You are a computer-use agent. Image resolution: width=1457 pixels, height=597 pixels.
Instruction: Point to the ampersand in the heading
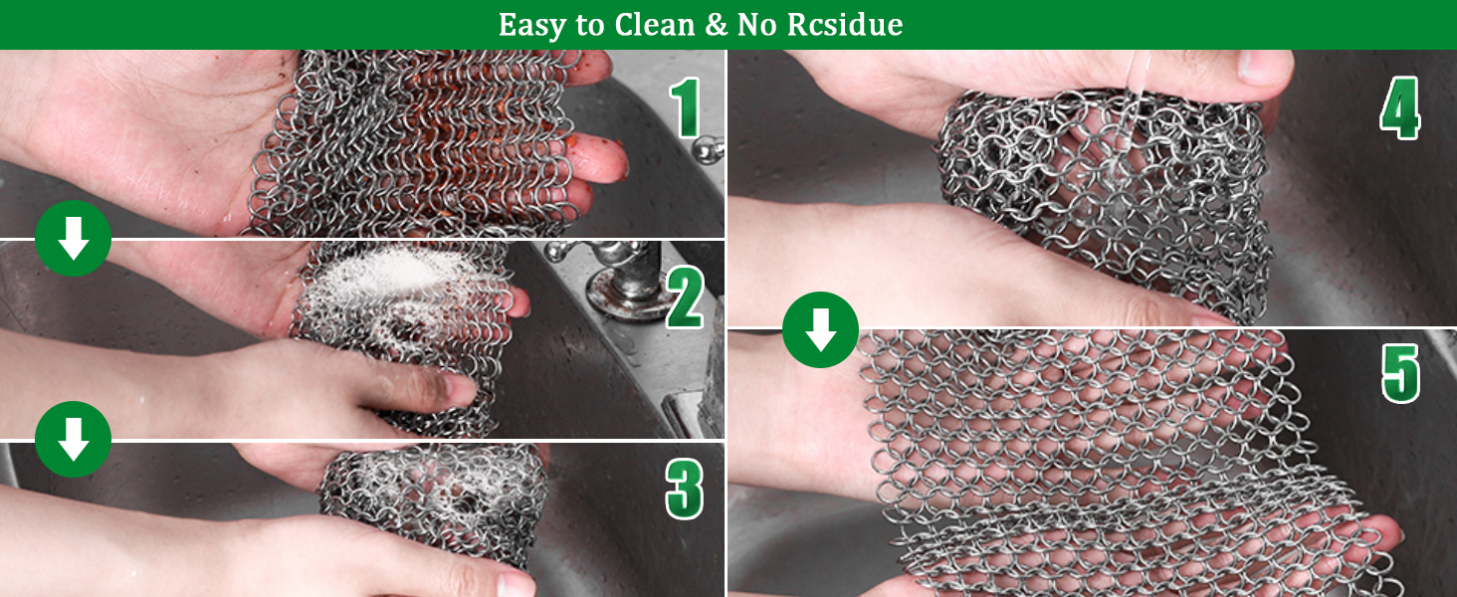tap(716, 25)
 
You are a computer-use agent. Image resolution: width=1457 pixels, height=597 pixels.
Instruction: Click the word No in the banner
tap(758, 25)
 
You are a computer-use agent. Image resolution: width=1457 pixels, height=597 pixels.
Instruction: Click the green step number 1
tap(686, 109)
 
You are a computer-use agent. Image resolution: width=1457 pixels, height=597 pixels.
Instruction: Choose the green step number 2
tap(685, 298)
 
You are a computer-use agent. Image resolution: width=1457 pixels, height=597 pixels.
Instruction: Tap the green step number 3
tap(684, 488)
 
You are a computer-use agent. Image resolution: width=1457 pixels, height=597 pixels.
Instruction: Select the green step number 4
tap(1399, 107)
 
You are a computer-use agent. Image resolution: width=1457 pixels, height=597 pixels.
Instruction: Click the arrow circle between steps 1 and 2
tap(73, 240)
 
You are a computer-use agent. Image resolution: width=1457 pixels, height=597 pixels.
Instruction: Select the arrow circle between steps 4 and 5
tap(820, 329)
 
